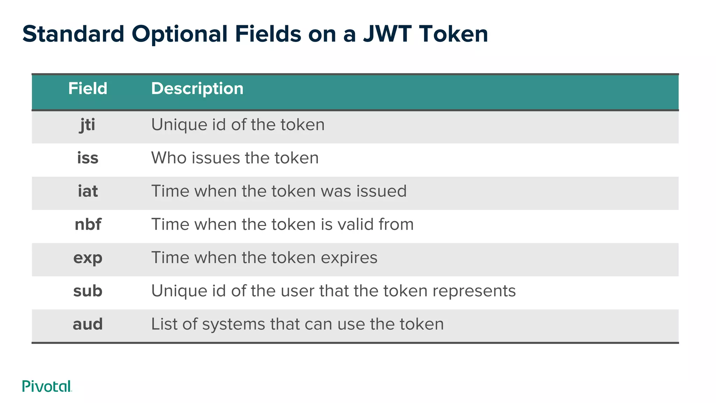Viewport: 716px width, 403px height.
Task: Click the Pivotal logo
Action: click(47, 386)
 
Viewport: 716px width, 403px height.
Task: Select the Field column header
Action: click(87, 89)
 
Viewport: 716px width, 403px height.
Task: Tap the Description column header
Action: click(197, 89)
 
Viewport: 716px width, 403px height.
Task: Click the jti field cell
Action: click(87, 125)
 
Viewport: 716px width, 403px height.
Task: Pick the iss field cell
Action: click(88, 158)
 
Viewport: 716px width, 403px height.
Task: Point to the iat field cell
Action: click(88, 191)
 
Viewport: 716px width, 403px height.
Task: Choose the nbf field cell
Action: click(88, 224)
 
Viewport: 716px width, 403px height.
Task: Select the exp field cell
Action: click(88, 258)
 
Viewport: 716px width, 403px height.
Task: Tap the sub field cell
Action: click(88, 291)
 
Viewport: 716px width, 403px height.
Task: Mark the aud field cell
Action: click(88, 324)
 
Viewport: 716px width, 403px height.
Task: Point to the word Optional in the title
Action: click(179, 34)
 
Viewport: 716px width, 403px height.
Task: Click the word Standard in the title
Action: click(73, 34)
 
